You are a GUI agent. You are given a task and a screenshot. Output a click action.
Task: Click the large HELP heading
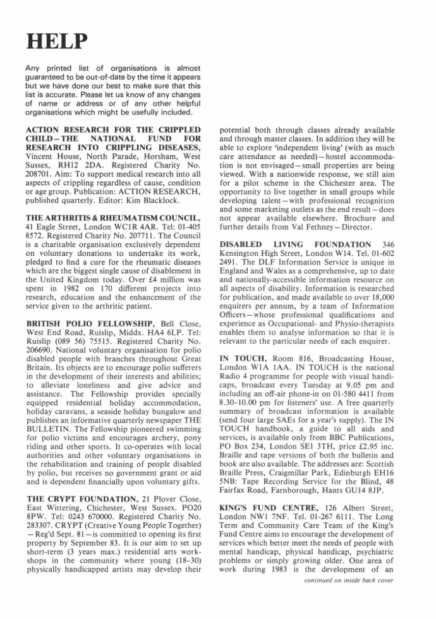coord(56,41)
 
